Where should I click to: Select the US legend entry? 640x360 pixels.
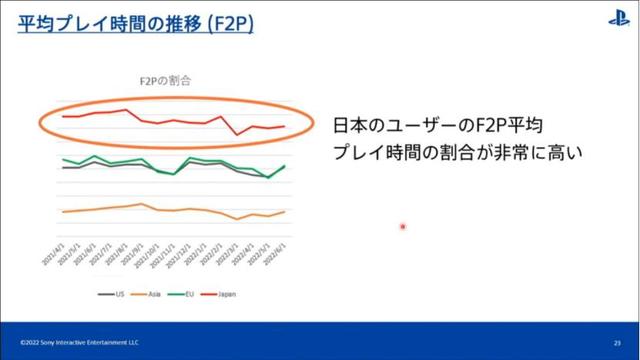[x=114, y=294]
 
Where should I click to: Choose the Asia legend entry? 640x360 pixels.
[x=151, y=294]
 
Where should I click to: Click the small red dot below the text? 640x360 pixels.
[x=403, y=226]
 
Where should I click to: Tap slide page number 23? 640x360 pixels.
[x=618, y=342]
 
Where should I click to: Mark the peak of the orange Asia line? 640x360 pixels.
[x=142, y=204]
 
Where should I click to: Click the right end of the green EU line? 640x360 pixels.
[x=285, y=166]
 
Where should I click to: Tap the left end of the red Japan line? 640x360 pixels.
[x=62, y=116]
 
